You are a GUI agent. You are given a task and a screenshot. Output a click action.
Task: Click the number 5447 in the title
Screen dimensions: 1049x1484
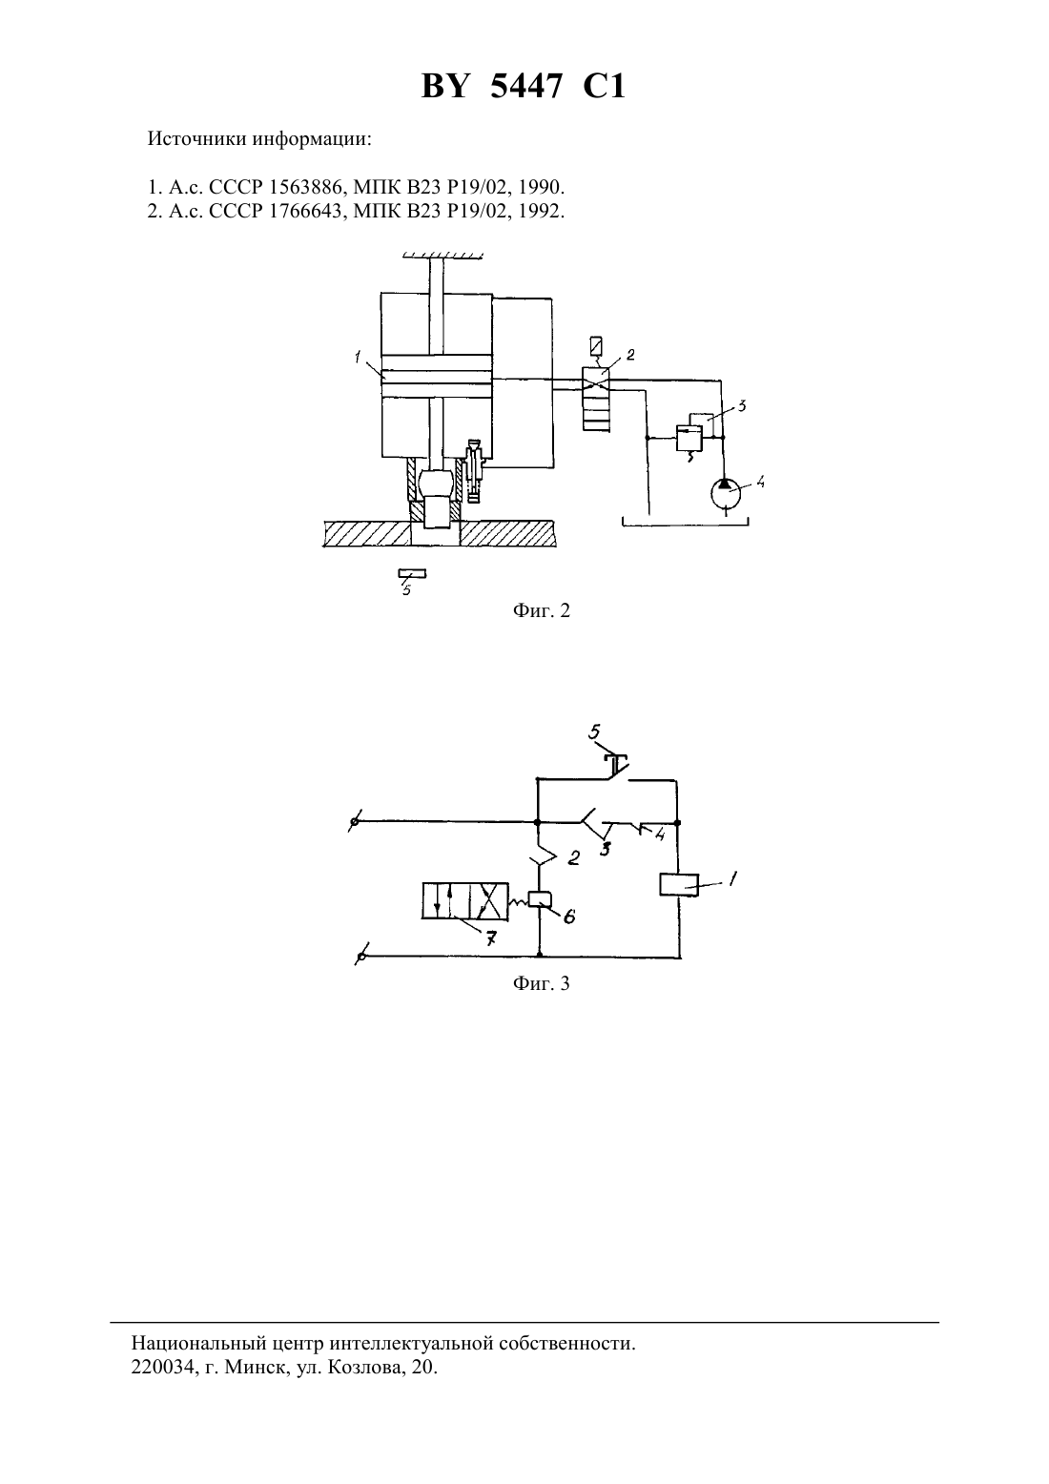pos(526,86)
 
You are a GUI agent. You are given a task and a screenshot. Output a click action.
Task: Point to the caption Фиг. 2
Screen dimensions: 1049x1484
pos(541,610)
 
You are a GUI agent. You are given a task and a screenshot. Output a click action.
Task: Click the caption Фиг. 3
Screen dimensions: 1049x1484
pos(541,983)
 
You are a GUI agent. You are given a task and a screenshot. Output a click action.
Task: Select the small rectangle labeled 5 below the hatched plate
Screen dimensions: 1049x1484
pos(412,573)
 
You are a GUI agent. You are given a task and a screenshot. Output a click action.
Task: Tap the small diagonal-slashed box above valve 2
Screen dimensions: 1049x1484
pos(596,346)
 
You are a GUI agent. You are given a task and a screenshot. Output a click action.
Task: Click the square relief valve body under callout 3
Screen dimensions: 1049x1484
pos(689,439)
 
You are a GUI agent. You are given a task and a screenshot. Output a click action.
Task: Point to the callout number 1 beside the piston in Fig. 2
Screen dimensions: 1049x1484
pos(358,357)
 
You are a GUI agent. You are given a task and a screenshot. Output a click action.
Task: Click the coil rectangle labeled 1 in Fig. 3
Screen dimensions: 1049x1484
pos(679,885)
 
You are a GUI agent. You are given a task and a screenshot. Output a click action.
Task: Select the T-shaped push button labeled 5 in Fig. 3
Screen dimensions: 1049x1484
pos(616,765)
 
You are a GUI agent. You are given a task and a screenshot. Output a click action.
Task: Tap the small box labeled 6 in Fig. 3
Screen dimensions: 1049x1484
pos(541,900)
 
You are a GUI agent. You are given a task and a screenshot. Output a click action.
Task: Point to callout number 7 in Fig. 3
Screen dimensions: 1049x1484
pos(491,938)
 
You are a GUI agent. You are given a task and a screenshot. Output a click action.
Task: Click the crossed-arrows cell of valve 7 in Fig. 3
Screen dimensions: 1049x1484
pos(488,901)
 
